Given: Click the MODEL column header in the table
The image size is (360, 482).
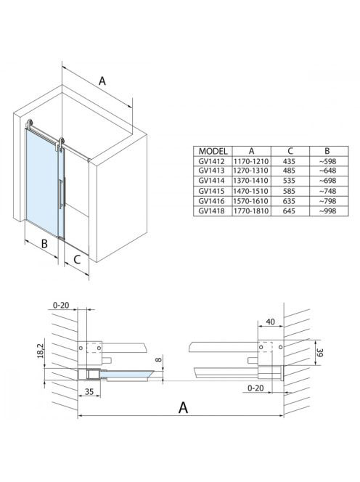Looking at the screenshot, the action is pos(213,151).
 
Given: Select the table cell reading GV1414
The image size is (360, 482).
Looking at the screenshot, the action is pos(211,181).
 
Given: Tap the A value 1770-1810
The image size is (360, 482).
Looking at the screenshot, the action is pos(251,211).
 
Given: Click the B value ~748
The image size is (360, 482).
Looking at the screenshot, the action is pos(327,191).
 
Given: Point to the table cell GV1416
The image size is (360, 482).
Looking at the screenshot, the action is pos(211,201).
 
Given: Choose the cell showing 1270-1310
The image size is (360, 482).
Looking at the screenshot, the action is pos(251,171).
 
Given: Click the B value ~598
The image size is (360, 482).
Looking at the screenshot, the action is pos(327,161).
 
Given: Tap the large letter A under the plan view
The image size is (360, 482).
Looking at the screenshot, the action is pos(183,407).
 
